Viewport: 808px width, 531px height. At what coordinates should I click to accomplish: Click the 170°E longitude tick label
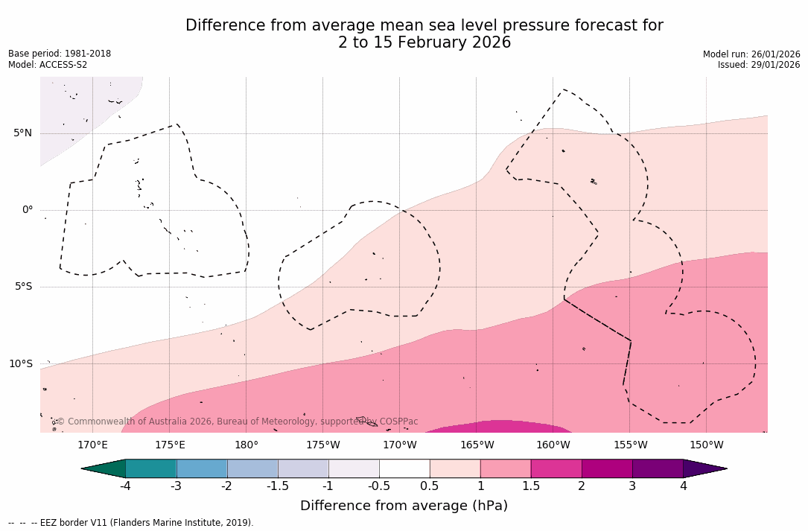pos(92,445)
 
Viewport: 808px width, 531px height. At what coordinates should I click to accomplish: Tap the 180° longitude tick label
pos(246,445)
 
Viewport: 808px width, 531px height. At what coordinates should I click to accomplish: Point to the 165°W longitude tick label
pos(477,445)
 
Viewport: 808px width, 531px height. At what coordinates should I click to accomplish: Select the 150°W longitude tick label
pos(706,445)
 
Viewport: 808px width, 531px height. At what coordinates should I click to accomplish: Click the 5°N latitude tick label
pos(22,133)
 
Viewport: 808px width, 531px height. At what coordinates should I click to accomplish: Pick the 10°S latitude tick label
pos(20,364)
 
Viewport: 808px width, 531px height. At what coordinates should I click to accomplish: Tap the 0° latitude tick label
pos(28,210)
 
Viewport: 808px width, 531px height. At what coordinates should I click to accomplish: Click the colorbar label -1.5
pos(278,486)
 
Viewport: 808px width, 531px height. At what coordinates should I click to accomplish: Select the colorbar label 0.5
pos(430,486)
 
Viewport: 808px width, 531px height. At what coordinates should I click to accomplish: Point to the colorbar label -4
pos(125,486)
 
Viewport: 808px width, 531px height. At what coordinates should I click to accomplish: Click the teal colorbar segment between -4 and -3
pos(150,468)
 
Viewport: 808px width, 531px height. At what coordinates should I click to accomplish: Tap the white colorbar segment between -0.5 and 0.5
pos(404,468)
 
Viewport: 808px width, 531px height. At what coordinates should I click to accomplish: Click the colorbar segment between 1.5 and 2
pos(556,468)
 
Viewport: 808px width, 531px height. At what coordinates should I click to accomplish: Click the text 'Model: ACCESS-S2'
pos(48,65)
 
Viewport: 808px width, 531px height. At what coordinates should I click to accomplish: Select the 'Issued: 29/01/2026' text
pos(759,65)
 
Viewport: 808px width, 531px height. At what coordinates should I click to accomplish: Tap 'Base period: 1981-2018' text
pos(60,54)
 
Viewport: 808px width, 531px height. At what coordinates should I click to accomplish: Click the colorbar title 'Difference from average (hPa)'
pos(404,506)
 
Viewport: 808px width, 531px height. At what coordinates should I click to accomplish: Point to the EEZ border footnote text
pos(131,523)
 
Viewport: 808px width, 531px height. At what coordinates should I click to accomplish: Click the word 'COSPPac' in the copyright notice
pos(398,422)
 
